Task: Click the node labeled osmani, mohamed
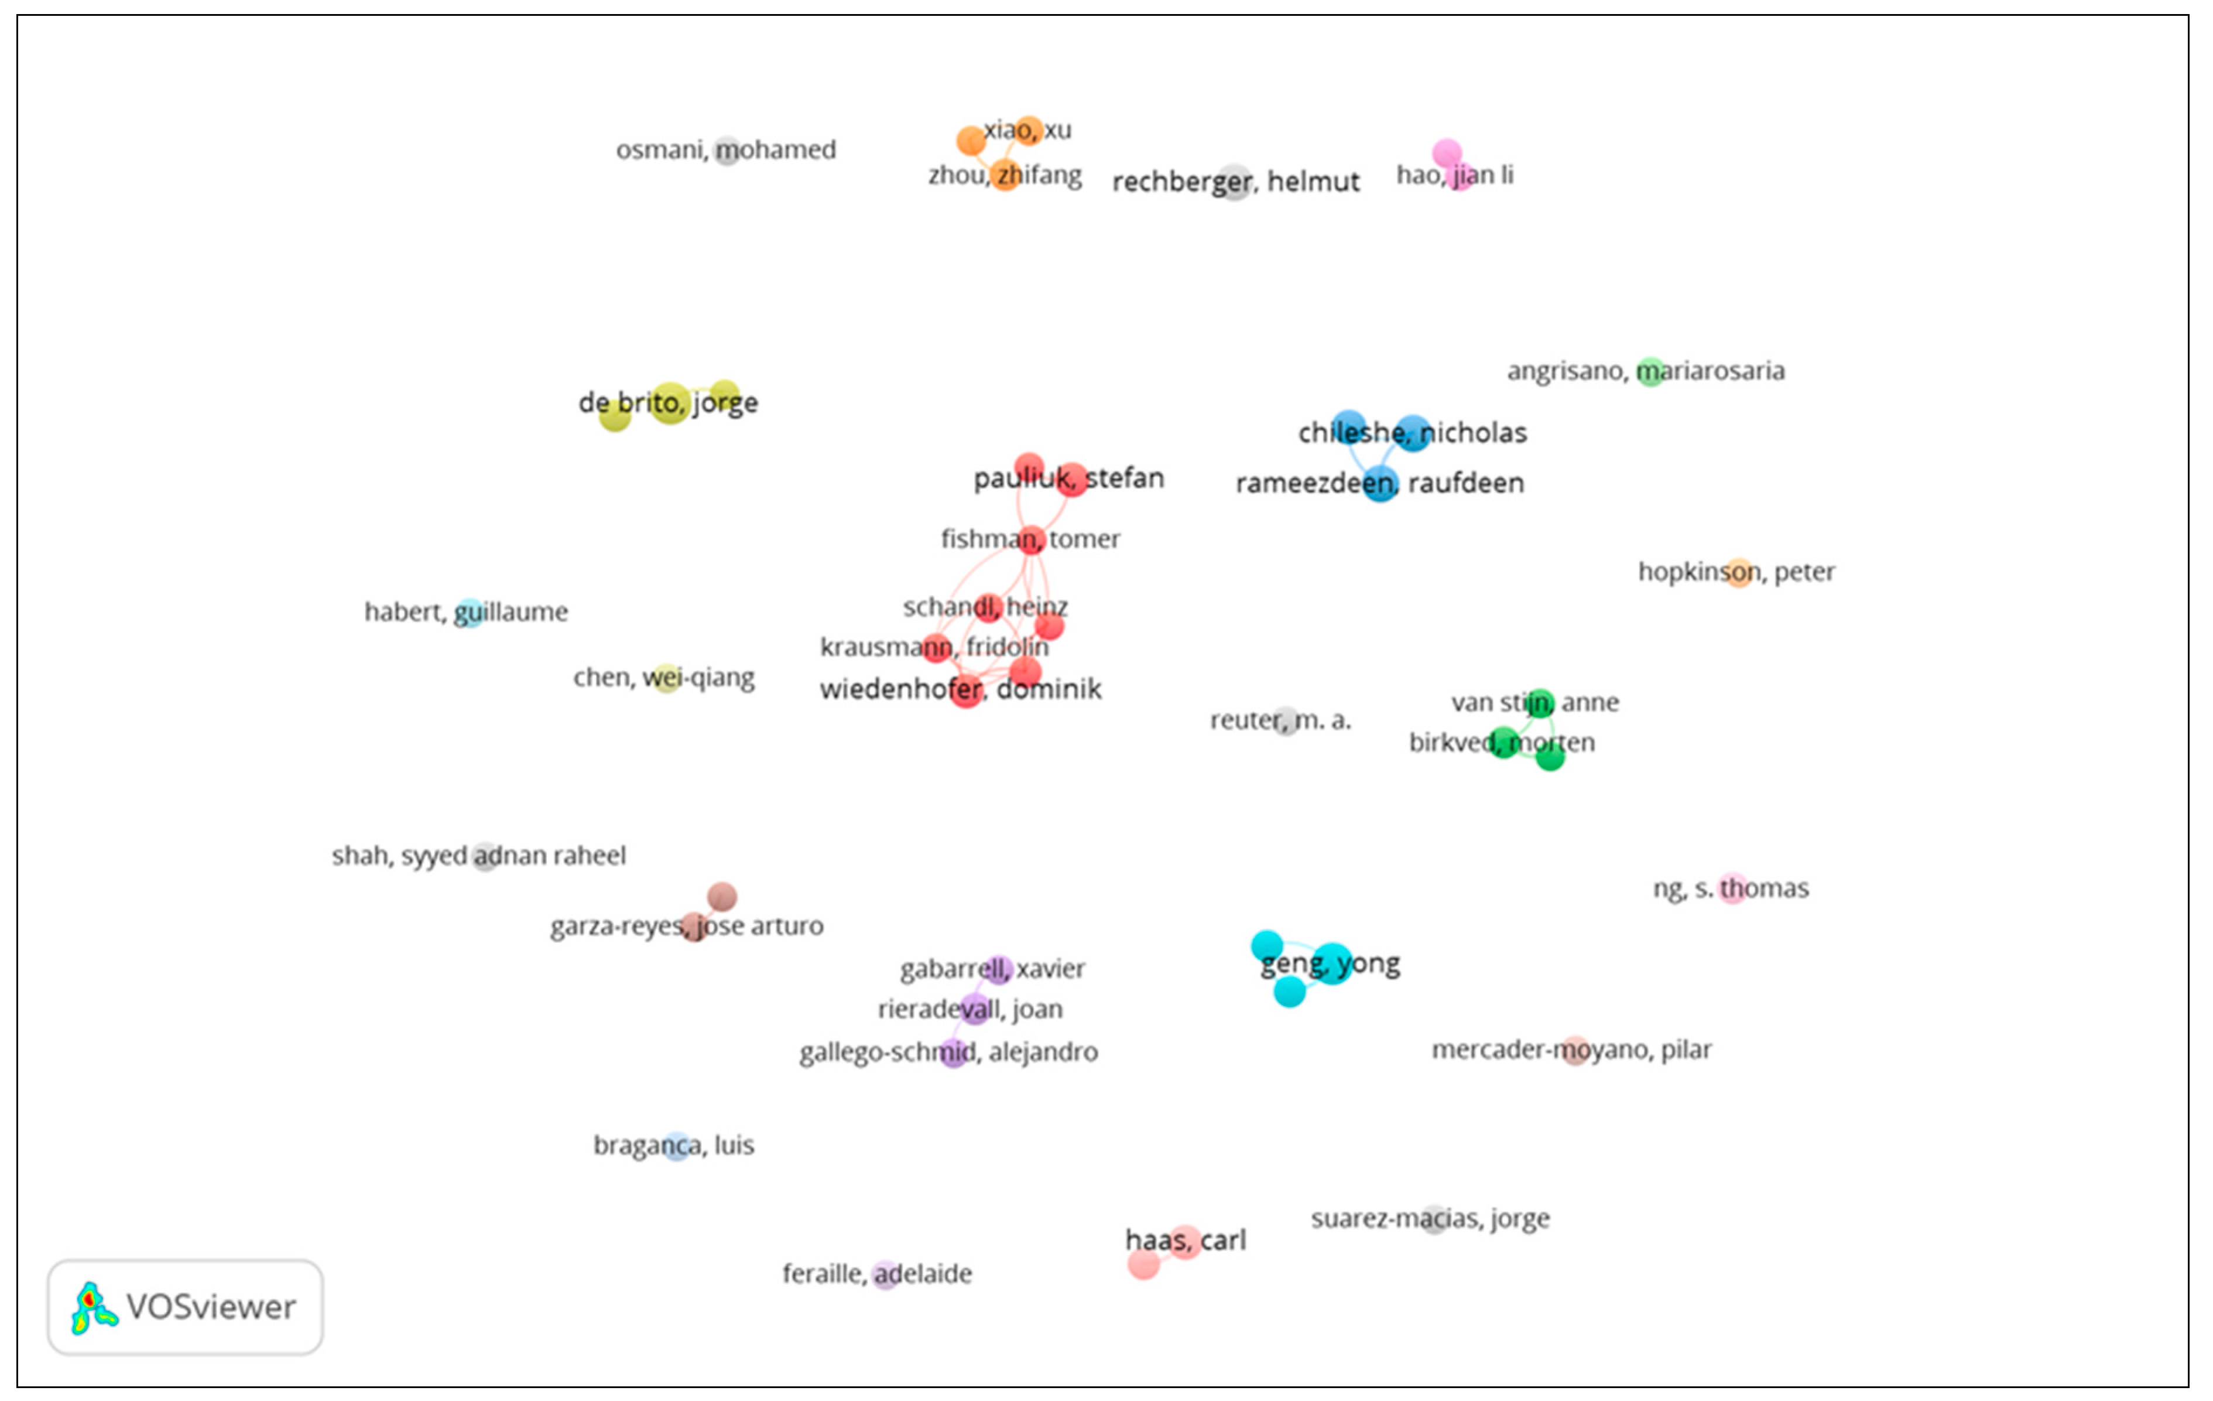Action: point(727,150)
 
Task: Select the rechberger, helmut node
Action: point(1235,182)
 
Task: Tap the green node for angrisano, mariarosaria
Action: point(1650,371)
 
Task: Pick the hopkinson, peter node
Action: point(1739,573)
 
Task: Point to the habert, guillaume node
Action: point(470,612)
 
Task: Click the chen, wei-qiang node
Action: point(666,678)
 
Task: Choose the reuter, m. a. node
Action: point(1286,721)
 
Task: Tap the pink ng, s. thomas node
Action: point(1732,888)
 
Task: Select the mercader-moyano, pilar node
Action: point(1575,1050)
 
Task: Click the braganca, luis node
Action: point(676,1146)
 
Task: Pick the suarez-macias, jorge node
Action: point(1434,1219)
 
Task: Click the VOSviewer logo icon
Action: point(94,1307)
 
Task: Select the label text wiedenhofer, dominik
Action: point(960,689)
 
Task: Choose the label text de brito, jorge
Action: point(668,402)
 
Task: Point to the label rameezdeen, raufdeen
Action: point(1379,484)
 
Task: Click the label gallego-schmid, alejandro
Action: point(948,1052)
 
